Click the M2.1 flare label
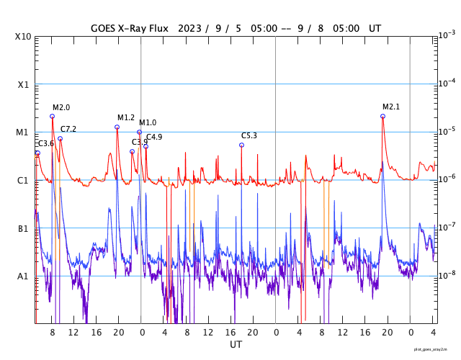391,107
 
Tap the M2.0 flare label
61,108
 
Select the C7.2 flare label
68,130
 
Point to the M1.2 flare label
126,118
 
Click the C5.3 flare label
249,136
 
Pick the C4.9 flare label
154,138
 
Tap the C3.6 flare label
46,144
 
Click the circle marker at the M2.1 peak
382,116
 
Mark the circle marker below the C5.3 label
241,145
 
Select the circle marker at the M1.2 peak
117,127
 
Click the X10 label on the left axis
22,37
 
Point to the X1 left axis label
22,85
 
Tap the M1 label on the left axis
22,133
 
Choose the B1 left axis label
22,229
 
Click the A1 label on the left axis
22,276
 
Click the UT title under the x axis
236,345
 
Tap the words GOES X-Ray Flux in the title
130,28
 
